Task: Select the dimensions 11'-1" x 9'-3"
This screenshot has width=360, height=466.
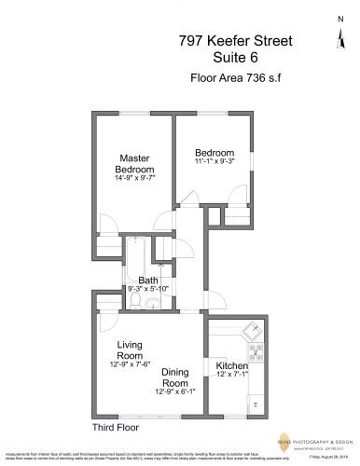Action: (214, 163)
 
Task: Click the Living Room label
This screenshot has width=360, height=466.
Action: (130, 349)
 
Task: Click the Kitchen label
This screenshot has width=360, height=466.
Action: (231, 365)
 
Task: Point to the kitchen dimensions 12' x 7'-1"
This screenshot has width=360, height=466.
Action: (233, 375)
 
